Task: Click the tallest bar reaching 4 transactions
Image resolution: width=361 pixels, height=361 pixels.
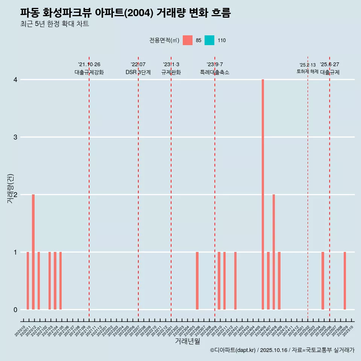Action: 263,194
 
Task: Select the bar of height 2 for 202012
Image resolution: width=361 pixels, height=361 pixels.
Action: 33,252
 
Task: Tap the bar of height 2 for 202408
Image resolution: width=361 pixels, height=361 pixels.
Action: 274,252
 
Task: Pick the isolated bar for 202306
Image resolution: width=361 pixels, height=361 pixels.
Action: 197,281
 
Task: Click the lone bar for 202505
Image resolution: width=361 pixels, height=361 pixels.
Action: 323,281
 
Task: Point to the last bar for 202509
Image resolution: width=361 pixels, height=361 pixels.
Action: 344,281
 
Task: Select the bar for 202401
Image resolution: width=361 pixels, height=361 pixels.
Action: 235,281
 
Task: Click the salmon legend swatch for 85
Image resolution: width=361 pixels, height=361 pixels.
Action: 187,40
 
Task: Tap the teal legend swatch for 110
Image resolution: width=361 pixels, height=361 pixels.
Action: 209,40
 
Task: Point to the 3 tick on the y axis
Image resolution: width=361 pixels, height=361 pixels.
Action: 15,137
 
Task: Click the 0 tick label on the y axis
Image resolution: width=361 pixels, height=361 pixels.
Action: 15,309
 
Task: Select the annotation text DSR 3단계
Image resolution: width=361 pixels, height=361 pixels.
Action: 138,72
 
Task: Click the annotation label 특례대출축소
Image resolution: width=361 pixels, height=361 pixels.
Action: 214,72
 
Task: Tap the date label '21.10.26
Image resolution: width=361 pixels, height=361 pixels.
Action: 89,64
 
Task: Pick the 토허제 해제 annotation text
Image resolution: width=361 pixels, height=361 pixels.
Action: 307,71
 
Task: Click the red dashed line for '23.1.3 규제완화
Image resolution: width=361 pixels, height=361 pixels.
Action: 171,188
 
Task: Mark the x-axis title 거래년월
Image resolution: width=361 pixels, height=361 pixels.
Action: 187,341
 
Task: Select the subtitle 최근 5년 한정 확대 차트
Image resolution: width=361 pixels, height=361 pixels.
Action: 55,24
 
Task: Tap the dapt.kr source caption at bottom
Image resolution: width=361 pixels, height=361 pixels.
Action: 282,350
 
